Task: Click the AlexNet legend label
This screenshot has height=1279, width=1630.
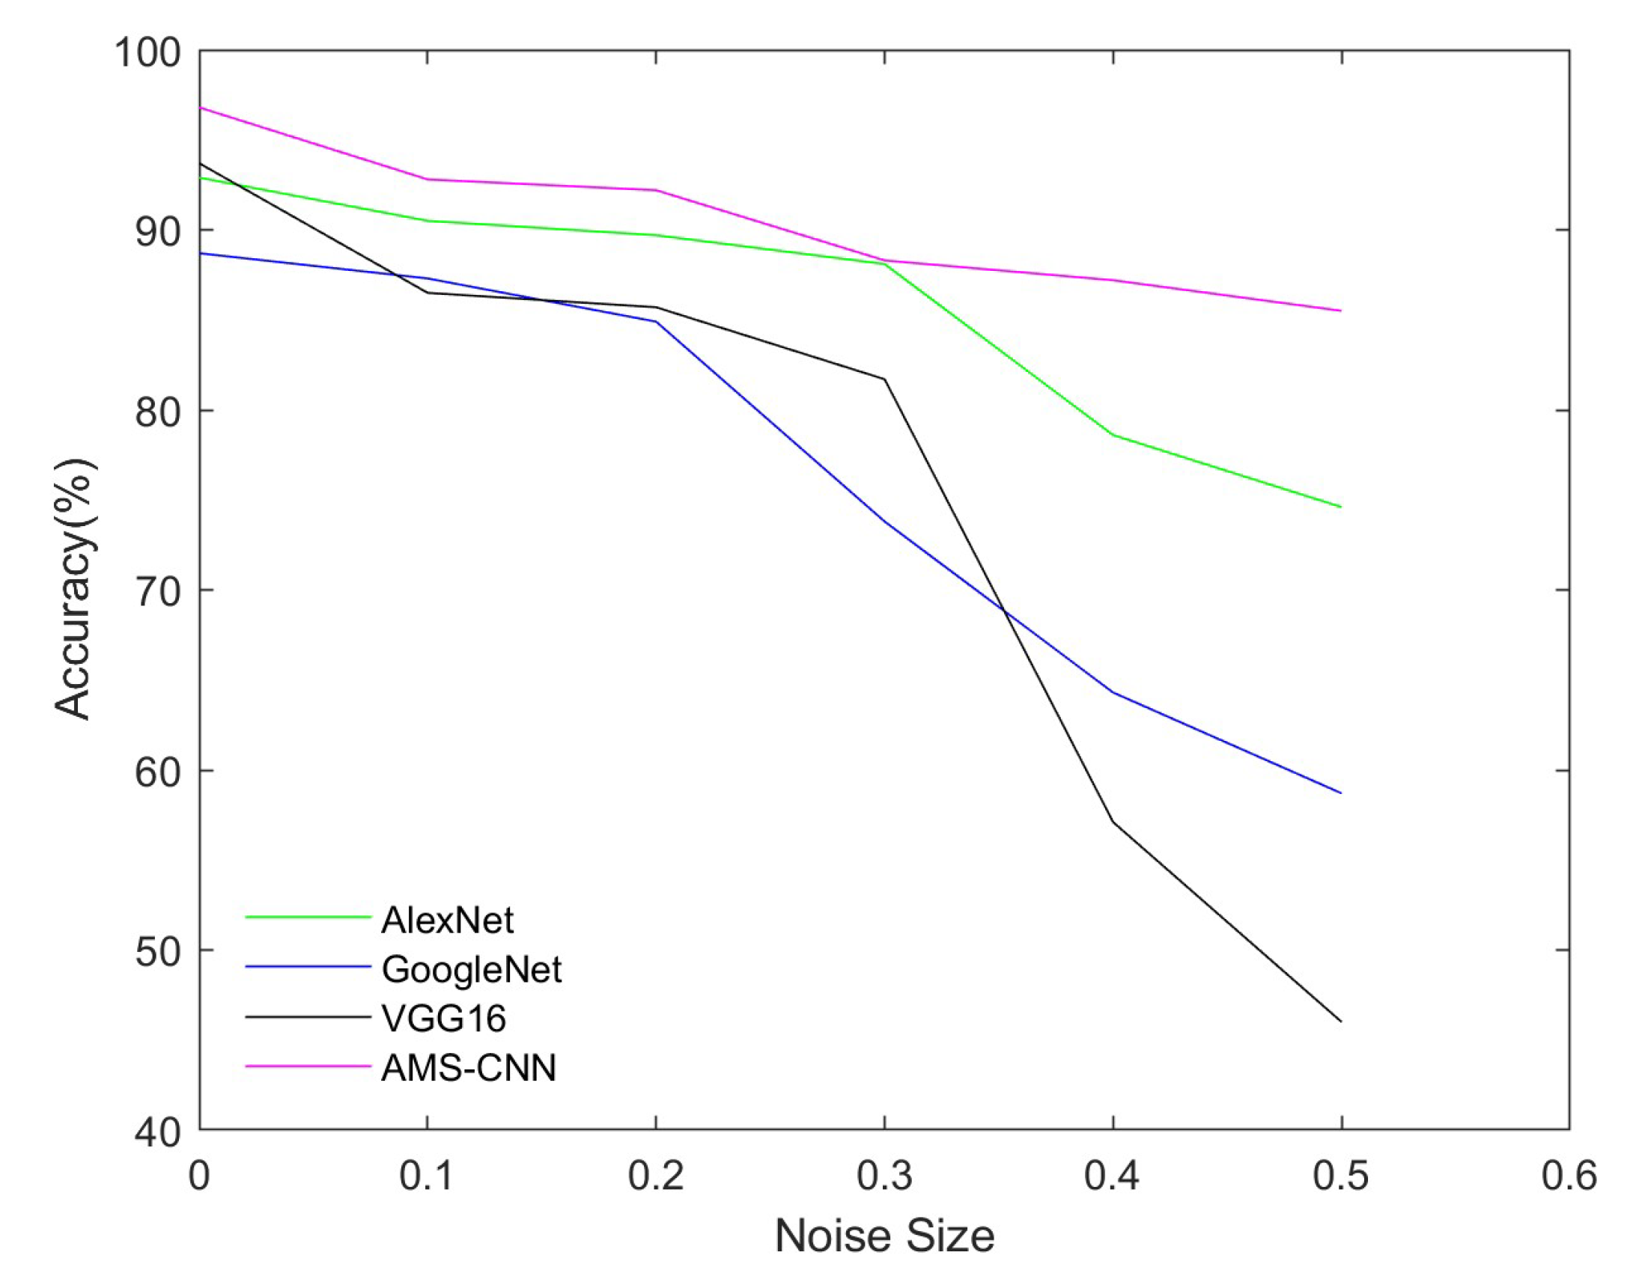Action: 447,921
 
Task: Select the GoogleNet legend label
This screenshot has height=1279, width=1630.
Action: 471,970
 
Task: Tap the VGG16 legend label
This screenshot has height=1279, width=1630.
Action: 444,1019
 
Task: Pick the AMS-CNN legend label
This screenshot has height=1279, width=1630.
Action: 469,1068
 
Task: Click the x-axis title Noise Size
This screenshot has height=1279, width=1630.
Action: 884,1236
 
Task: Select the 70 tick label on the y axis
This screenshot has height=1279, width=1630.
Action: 158,591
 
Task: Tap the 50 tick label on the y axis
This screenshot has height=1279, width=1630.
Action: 158,952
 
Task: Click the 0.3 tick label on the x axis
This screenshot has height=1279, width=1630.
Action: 884,1176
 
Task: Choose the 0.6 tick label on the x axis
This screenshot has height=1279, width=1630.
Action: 1569,1176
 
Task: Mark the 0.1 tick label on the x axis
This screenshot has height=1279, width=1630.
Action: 426,1176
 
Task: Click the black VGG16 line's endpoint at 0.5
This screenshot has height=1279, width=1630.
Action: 1340,1022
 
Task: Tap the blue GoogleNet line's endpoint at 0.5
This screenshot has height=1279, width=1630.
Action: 1340,793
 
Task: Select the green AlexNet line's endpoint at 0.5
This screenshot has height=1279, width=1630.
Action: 1340,507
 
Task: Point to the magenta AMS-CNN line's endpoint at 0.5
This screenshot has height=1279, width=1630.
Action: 1340,311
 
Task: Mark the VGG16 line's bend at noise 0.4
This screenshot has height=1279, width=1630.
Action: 1113,822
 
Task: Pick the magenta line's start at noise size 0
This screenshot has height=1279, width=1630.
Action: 200,108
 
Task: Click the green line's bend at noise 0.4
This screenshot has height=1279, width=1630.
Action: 1113,435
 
